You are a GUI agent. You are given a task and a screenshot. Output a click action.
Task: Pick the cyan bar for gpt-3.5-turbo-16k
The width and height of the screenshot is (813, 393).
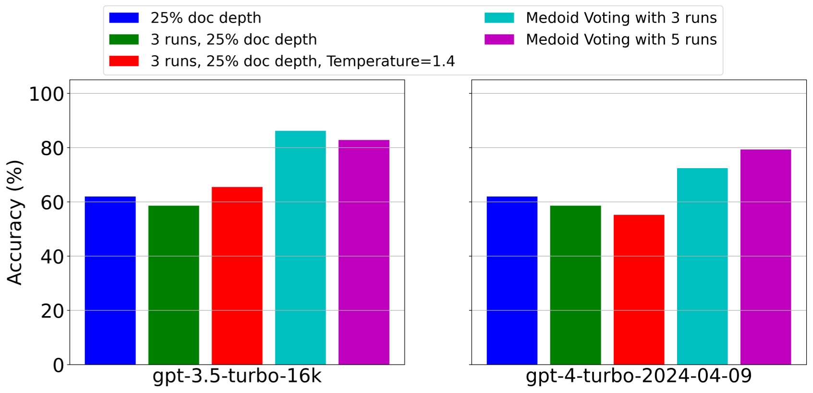pyautogui.click(x=300, y=247)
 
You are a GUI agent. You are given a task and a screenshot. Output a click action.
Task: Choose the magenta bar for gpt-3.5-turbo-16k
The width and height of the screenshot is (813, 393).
pyautogui.click(x=364, y=252)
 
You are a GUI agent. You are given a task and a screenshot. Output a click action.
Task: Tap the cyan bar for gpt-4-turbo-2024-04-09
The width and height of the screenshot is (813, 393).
pyautogui.click(x=702, y=266)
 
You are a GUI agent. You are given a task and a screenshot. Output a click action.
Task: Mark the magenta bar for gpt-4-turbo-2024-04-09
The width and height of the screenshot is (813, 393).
pyautogui.click(x=765, y=257)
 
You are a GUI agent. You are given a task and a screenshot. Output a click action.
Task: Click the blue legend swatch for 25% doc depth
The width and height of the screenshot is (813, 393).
pyautogui.click(x=124, y=18)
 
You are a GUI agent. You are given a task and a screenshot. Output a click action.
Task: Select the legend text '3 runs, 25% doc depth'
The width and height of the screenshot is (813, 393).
pyautogui.click(x=233, y=39)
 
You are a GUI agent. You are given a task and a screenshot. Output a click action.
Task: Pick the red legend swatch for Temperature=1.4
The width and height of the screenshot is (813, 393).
pyautogui.click(x=124, y=61)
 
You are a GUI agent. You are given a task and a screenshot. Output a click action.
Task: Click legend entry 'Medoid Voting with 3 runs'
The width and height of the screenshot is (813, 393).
pyautogui.click(x=621, y=18)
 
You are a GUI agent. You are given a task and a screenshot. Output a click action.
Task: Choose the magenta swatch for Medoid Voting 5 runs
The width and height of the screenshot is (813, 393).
pyautogui.click(x=499, y=39)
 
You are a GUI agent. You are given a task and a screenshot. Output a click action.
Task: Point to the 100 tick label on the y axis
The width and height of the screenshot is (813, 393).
pyautogui.click(x=46, y=94)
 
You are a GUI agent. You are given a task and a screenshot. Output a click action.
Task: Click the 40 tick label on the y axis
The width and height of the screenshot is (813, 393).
pyautogui.click(x=52, y=257)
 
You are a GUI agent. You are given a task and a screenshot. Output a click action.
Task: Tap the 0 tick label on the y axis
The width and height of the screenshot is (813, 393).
pyautogui.click(x=58, y=365)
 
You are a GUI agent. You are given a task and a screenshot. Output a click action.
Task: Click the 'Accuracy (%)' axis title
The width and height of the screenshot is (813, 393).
pyautogui.click(x=15, y=222)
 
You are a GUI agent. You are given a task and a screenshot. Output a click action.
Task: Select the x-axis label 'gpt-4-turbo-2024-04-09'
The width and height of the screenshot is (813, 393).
pyautogui.click(x=639, y=376)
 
